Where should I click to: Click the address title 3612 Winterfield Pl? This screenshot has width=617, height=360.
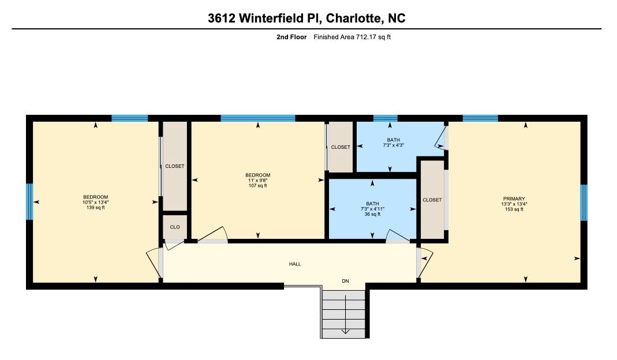[x=306, y=18]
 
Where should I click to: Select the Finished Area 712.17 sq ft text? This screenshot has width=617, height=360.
[x=353, y=37]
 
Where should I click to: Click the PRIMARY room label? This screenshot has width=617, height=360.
[x=514, y=199]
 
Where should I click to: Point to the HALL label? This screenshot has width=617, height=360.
[x=295, y=264]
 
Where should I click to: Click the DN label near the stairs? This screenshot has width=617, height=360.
[x=345, y=282]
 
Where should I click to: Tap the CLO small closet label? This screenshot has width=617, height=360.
[x=175, y=227]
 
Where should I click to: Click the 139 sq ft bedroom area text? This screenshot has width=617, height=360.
[x=95, y=208]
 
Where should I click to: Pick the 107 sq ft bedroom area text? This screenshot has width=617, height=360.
[x=257, y=186]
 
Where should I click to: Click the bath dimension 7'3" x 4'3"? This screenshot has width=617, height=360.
[x=393, y=145]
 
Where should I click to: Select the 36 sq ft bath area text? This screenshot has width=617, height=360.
[x=372, y=214]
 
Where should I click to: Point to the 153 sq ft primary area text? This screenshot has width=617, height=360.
[x=514, y=209]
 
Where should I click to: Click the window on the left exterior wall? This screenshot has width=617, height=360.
[x=29, y=202]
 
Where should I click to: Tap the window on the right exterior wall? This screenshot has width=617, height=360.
[x=584, y=202]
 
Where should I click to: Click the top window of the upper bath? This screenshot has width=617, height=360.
[x=385, y=118]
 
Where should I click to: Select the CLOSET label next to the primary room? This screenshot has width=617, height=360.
[x=432, y=200]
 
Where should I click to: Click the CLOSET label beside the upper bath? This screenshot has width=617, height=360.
[x=341, y=147]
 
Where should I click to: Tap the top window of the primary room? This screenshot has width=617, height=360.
[x=480, y=118]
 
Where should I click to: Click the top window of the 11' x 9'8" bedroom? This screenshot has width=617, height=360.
[x=258, y=118]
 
